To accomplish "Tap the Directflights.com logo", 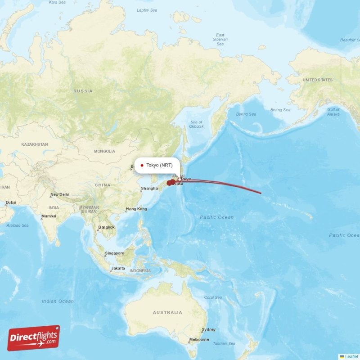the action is pyautogui.click(x=34, y=338).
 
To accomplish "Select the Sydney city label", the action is pyautogui.click(x=208, y=330).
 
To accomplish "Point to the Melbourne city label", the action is pyautogui.click(x=199, y=340).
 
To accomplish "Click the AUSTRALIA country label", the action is pyautogui.click(x=167, y=312).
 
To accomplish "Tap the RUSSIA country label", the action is pyautogui.click(x=83, y=91).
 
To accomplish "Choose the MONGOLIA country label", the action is pyautogui.click(x=104, y=151).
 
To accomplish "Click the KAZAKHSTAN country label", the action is pyautogui.click(x=34, y=144).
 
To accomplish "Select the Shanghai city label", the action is pyautogui.click(x=149, y=189).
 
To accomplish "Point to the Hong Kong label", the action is pyautogui.click(x=136, y=209).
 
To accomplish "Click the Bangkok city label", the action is pyautogui.click(x=107, y=227).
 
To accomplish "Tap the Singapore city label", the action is pyautogui.click(x=114, y=253).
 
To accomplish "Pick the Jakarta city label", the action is pyautogui.click(x=118, y=268).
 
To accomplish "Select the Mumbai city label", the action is pyautogui.click(x=49, y=216).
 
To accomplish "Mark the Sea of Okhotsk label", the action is pyautogui.click(x=197, y=124).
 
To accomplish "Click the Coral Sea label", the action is pyautogui.click(x=213, y=297).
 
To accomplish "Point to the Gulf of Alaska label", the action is pyautogui.click(x=333, y=112).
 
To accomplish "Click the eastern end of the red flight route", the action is pyautogui.click(x=261, y=193).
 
